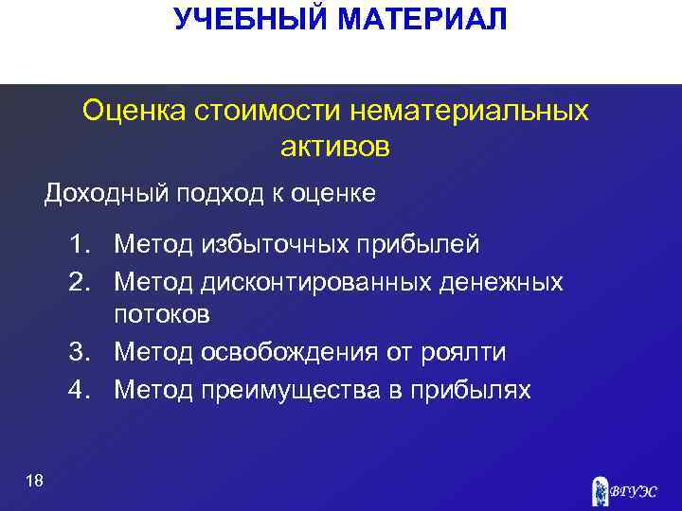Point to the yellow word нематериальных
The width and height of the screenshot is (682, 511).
coord(469,112)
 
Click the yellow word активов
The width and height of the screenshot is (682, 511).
coord(335,147)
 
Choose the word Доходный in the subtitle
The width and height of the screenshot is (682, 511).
coord(95,194)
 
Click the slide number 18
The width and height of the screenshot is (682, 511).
coord(35,482)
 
